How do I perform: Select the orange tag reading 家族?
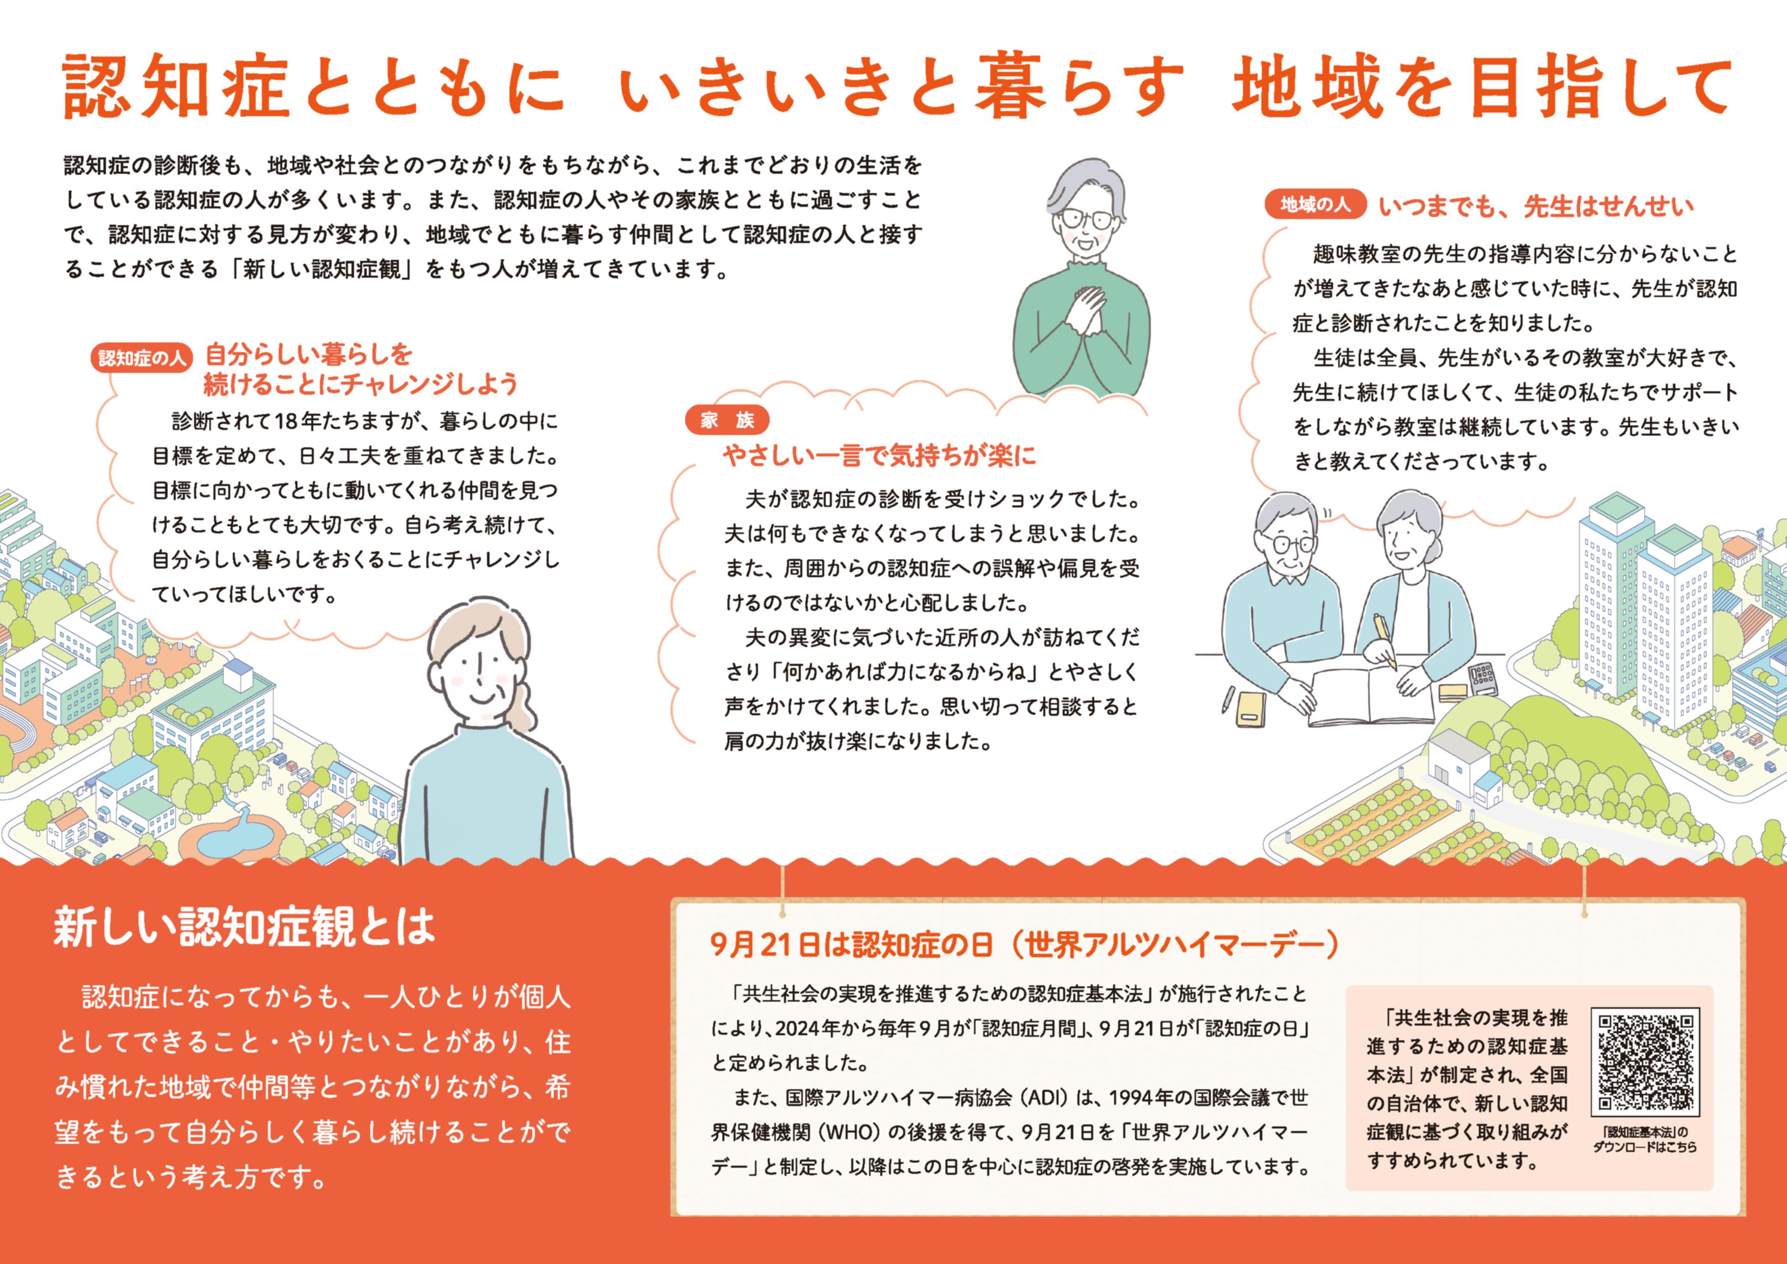coord(727,420)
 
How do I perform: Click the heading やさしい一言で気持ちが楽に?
coord(879,455)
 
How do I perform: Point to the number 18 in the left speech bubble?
coord(286,422)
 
